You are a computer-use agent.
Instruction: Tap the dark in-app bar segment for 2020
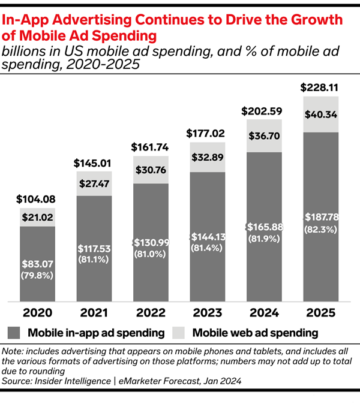37,282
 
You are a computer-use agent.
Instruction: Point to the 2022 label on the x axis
151,313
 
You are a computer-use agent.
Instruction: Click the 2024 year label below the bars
264,313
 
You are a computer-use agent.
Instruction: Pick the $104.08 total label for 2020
37,200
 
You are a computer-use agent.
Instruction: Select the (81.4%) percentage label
208,249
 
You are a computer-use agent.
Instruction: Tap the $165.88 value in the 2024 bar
265,227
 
